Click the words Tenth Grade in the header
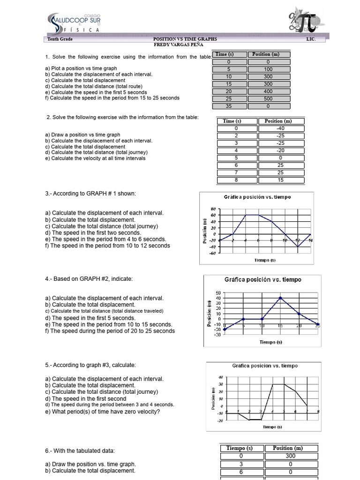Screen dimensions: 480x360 click(x=60, y=39)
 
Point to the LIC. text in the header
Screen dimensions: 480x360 click(x=311, y=39)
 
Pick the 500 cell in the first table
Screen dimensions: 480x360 click(x=268, y=99)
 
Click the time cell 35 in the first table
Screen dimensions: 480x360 click(x=228, y=106)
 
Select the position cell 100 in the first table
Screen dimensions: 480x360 click(x=268, y=69)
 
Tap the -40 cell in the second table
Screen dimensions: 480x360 click(x=281, y=128)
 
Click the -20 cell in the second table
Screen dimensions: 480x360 click(x=281, y=150)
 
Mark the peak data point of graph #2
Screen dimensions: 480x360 click(x=280, y=298)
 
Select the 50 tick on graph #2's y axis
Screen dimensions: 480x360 click(x=217, y=293)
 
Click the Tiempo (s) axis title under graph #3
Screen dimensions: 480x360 click(x=272, y=427)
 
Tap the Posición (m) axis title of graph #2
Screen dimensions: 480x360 click(x=210, y=314)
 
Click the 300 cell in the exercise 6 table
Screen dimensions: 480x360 click(x=290, y=456)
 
